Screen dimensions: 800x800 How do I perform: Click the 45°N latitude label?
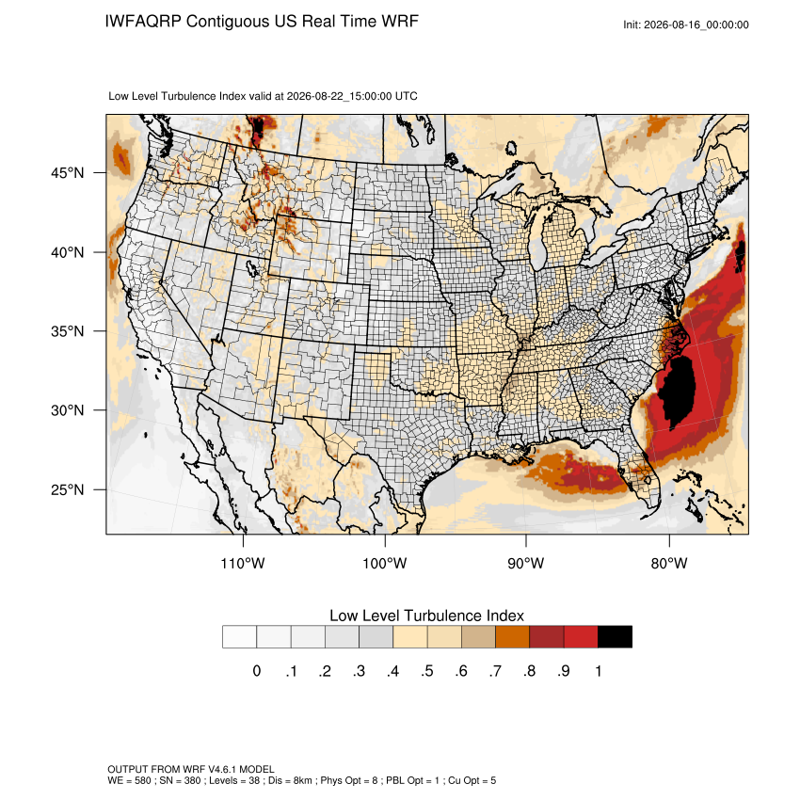[68, 173]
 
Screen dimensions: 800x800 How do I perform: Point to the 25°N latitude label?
[68, 489]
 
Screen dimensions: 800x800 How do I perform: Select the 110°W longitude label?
[243, 563]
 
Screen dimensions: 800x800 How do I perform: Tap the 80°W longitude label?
[669, 563]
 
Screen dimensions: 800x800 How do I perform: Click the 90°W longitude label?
[525, 563]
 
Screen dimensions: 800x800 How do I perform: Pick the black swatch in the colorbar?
[615, 637]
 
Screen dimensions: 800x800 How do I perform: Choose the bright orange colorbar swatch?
[512, 637]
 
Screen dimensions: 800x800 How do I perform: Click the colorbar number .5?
[427, 671]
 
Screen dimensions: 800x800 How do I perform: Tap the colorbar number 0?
[257, 671]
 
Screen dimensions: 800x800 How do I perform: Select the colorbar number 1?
[598, 671]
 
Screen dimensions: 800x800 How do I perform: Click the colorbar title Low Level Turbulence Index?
[426, 616]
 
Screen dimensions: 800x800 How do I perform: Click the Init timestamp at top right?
[686, 24]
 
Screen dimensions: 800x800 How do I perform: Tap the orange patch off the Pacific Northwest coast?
[121, 157]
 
